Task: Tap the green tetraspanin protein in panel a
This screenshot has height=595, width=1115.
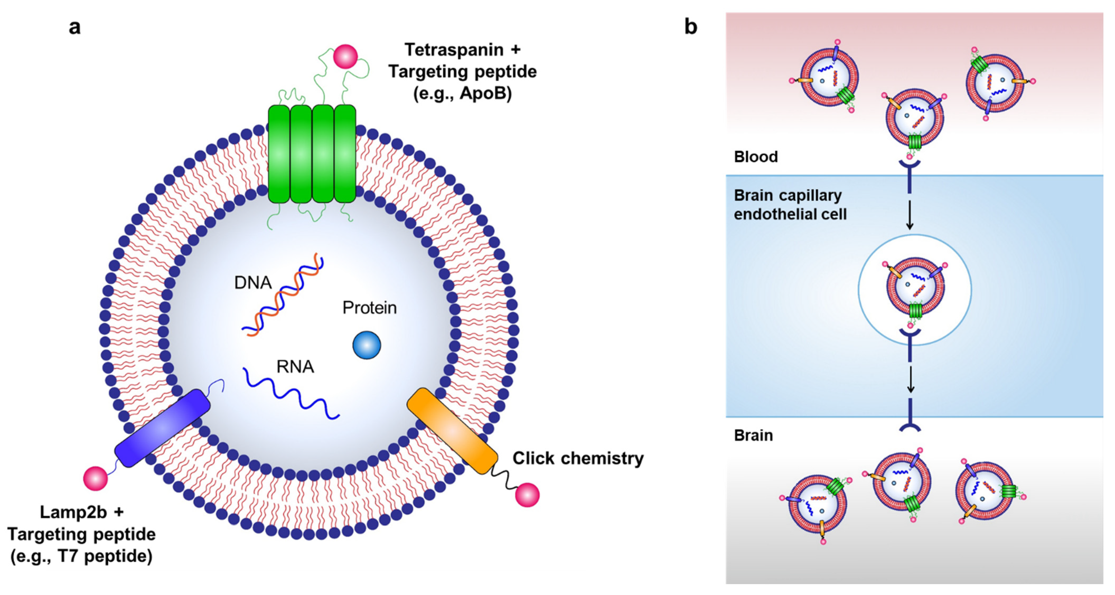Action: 312,154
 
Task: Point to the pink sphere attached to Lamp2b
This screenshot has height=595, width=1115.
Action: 95,479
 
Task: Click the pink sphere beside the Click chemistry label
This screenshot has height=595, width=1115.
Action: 527,495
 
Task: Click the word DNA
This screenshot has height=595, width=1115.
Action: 253,283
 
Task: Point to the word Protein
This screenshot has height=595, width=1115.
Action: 369,308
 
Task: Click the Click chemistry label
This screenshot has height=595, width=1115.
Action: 578,458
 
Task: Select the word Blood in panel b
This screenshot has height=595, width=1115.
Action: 756,157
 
